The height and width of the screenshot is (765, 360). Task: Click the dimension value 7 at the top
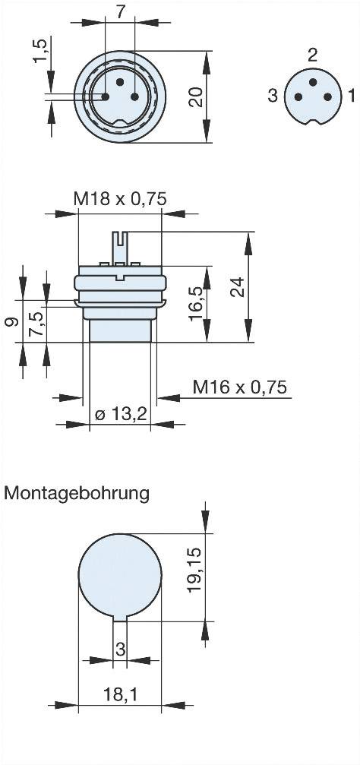coord(119,11)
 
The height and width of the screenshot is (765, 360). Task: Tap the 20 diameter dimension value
coord(196,96)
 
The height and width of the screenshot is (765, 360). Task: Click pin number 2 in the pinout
coord(312,55)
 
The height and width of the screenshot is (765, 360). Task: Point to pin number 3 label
coord(271,95)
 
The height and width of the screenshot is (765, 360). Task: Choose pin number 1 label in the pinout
coord(351,95)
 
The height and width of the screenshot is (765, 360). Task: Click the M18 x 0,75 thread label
coord(119,199)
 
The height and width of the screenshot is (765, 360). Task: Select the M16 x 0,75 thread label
coord(239,387)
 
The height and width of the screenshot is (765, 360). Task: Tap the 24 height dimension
coord(238,286)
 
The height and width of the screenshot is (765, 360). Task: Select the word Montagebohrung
coord(77,492)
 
